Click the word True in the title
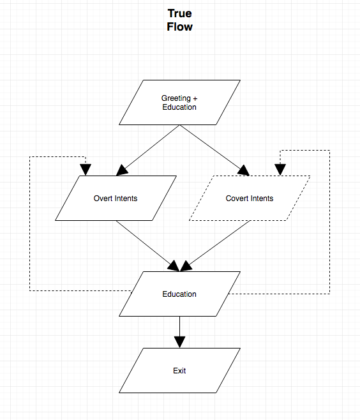[179, 13]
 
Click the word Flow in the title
[179, 27]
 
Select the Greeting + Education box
[179, 102]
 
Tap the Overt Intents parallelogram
[116, 198]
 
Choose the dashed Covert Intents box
[250, 198]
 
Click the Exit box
[179, 370]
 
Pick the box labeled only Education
[179, 294]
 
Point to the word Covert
[237, 198]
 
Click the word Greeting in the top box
[175, 98]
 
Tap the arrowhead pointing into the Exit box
[179, 341]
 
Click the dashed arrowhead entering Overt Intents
[86, 169]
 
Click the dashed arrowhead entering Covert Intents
[279, 169]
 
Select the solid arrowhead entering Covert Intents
[243, 170]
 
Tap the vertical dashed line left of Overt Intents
[30, 223]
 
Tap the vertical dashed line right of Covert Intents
[329, 223]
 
